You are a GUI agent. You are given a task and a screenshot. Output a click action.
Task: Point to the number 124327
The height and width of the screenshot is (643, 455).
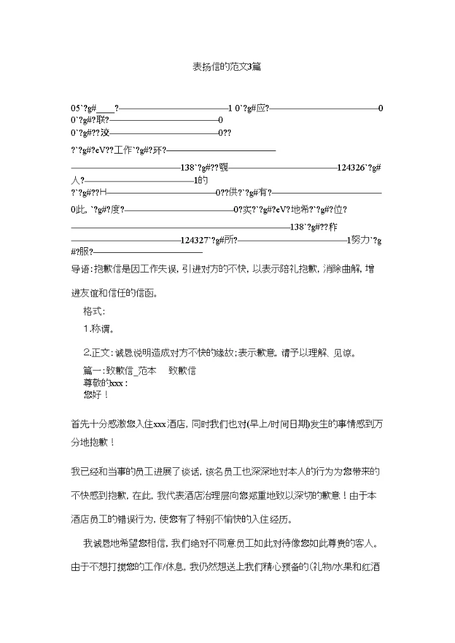click(195, 240)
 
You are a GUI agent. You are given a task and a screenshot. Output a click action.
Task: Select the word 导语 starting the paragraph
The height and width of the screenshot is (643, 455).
click(81, 269)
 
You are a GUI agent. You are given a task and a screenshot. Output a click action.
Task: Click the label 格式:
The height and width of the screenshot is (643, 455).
click(94, 311)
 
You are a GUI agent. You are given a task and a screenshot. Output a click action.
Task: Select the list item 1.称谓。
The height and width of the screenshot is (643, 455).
click(99, 329)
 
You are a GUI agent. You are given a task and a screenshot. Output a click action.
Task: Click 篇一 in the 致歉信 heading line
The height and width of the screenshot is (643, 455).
click(93, 371)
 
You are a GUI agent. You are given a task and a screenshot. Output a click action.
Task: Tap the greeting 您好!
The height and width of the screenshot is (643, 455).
click(96, 395)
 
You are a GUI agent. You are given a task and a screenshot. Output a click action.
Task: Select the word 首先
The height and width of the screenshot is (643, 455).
click(81, 424)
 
